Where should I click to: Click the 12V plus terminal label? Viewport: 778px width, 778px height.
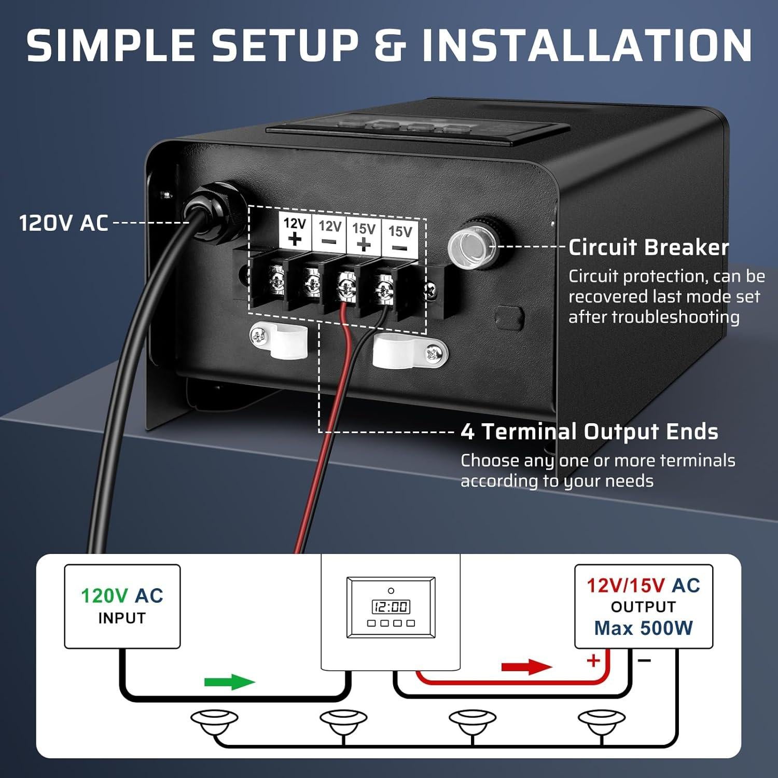[295, 231]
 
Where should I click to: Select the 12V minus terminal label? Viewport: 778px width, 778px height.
[329, 233]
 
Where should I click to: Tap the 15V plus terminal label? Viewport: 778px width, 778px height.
[364, 236]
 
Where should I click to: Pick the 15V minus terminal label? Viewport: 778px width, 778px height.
[400, 239]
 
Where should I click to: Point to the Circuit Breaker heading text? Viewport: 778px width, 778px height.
[648, 247]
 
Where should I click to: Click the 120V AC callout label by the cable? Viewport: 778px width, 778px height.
[63, 223]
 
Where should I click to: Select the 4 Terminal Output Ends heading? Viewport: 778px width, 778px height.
[589, 432]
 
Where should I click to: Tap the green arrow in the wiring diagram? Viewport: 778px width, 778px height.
[230, 682]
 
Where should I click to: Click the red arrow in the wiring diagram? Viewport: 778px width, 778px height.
[526, 666]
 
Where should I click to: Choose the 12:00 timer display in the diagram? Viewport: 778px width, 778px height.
[391, 606]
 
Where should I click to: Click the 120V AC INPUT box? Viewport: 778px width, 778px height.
[122, 606]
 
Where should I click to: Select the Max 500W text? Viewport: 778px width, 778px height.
[643, 628]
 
